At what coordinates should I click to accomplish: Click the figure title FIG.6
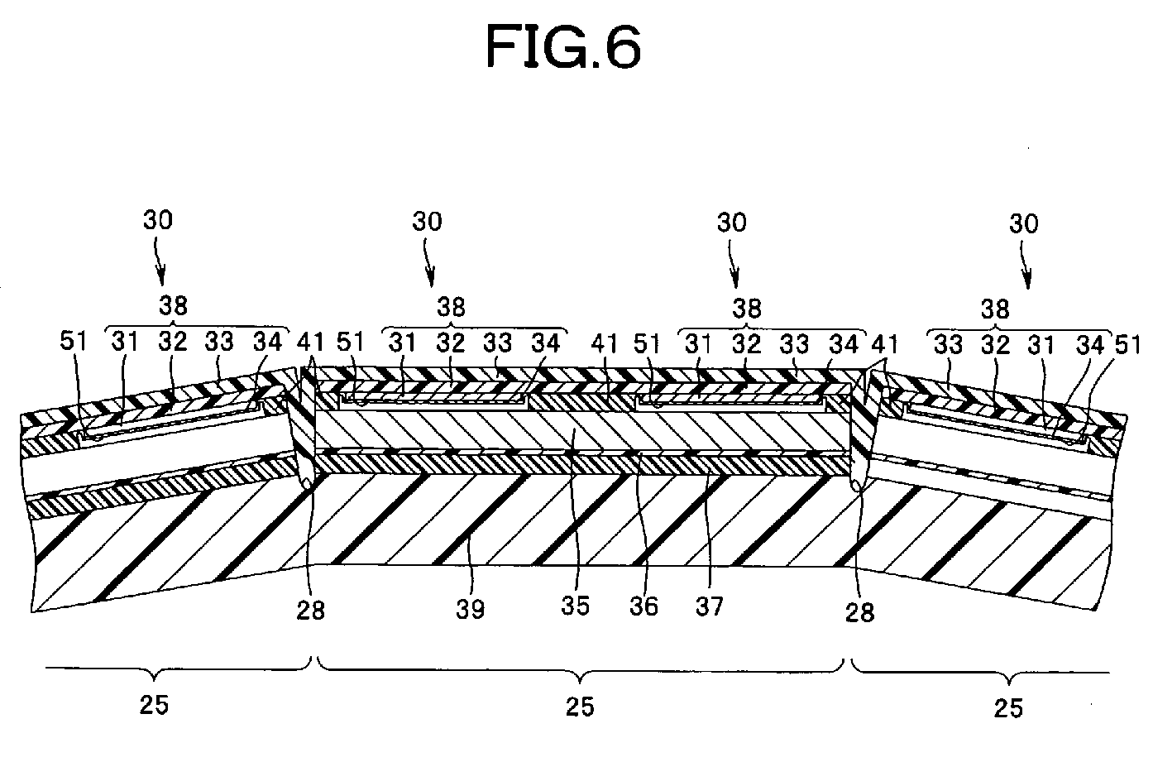click(562, 47)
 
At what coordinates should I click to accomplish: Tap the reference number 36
click(643, 605)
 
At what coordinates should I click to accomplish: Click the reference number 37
click(709, 605)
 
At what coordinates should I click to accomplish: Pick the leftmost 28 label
click(311, 610)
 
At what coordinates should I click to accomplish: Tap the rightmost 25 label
click(1008, 707)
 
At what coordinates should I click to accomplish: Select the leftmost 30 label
click(159, 220)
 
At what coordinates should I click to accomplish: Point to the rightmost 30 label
click(1024, 224)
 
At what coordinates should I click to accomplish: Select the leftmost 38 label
click(173, 306)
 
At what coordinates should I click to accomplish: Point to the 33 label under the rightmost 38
click(949, 344)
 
